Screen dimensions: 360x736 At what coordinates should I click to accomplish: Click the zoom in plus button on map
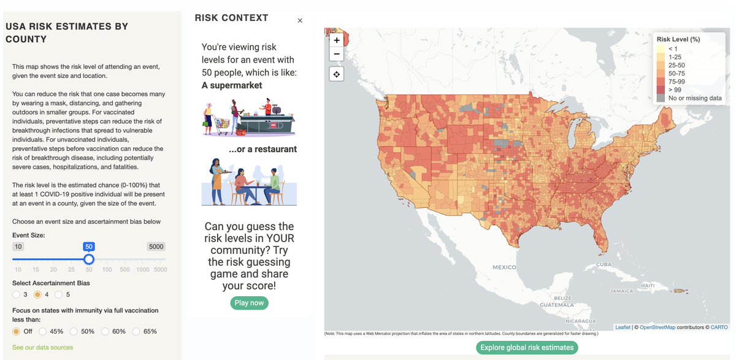click(337, 40)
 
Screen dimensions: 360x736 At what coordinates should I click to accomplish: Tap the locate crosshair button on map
click(337, 74)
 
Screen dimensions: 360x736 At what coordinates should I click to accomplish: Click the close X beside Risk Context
click(300, 20)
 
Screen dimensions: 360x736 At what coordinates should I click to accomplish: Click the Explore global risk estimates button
click(527, 348)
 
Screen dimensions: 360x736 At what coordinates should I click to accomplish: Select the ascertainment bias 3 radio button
click(17, 294)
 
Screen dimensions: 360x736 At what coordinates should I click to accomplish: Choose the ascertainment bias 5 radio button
click(58, 294)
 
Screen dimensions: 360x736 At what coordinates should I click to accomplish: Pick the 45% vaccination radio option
click(43, 331)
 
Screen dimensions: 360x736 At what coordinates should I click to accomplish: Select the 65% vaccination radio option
click(136, 331)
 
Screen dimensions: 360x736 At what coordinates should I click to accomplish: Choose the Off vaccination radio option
click(17, 331)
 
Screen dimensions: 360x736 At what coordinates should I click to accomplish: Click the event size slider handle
click(89, 259)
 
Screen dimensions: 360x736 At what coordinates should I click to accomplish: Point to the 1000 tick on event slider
click(143, 270)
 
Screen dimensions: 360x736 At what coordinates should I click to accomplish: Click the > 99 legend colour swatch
click(661, 90)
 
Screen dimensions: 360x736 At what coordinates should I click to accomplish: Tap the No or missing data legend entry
click(695, 98)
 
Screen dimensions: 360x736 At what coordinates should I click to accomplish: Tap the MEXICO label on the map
click(504, 267)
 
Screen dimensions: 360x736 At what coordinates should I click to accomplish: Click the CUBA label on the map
click(604, 264)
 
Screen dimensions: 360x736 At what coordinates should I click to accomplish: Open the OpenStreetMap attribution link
click(657, 327)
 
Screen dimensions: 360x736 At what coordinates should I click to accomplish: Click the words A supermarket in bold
click(232, 85)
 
